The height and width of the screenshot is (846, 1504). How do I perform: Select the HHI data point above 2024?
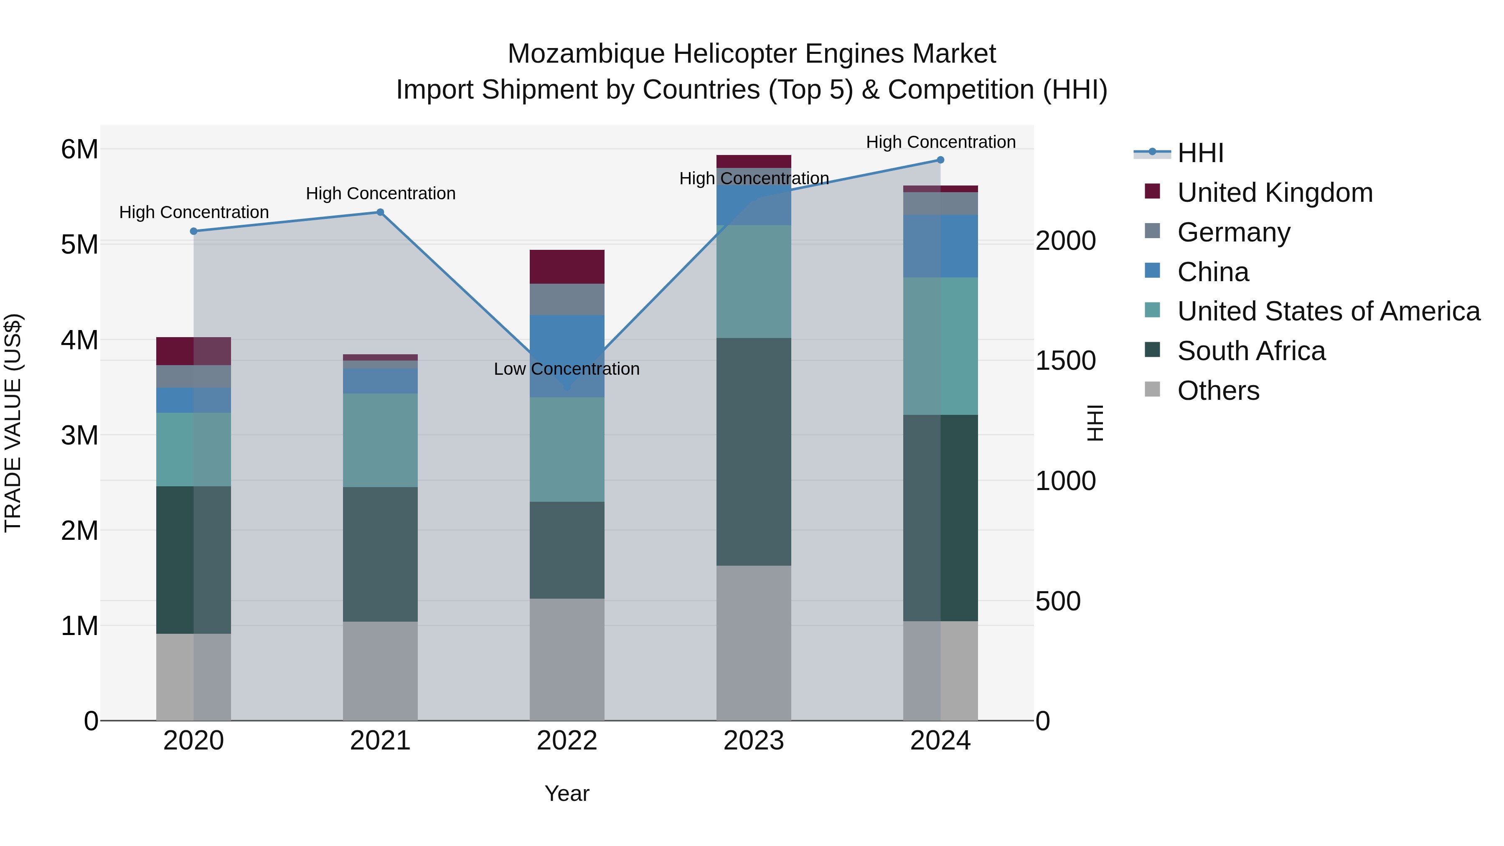[940, 160]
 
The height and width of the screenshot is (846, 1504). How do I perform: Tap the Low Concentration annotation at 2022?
[567, 369]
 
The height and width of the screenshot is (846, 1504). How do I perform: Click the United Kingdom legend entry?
[1275, 193]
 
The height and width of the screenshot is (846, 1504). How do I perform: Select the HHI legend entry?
[1200, 153]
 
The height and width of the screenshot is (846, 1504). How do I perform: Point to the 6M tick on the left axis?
[79, 150]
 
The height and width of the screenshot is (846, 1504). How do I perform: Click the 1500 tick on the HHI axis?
[1065, 361]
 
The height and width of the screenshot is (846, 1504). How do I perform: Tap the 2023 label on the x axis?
[753, 741]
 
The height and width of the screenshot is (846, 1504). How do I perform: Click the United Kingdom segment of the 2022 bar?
[567, 267]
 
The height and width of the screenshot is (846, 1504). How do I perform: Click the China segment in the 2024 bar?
[940, 246]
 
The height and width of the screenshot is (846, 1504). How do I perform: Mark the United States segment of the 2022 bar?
[567, 449]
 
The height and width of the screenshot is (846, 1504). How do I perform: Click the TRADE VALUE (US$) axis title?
[13, 423]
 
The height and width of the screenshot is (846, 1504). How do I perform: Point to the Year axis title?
[567, 793]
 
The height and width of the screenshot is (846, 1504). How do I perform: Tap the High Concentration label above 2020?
[194, 212]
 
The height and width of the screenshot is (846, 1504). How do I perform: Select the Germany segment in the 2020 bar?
[193, 376]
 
